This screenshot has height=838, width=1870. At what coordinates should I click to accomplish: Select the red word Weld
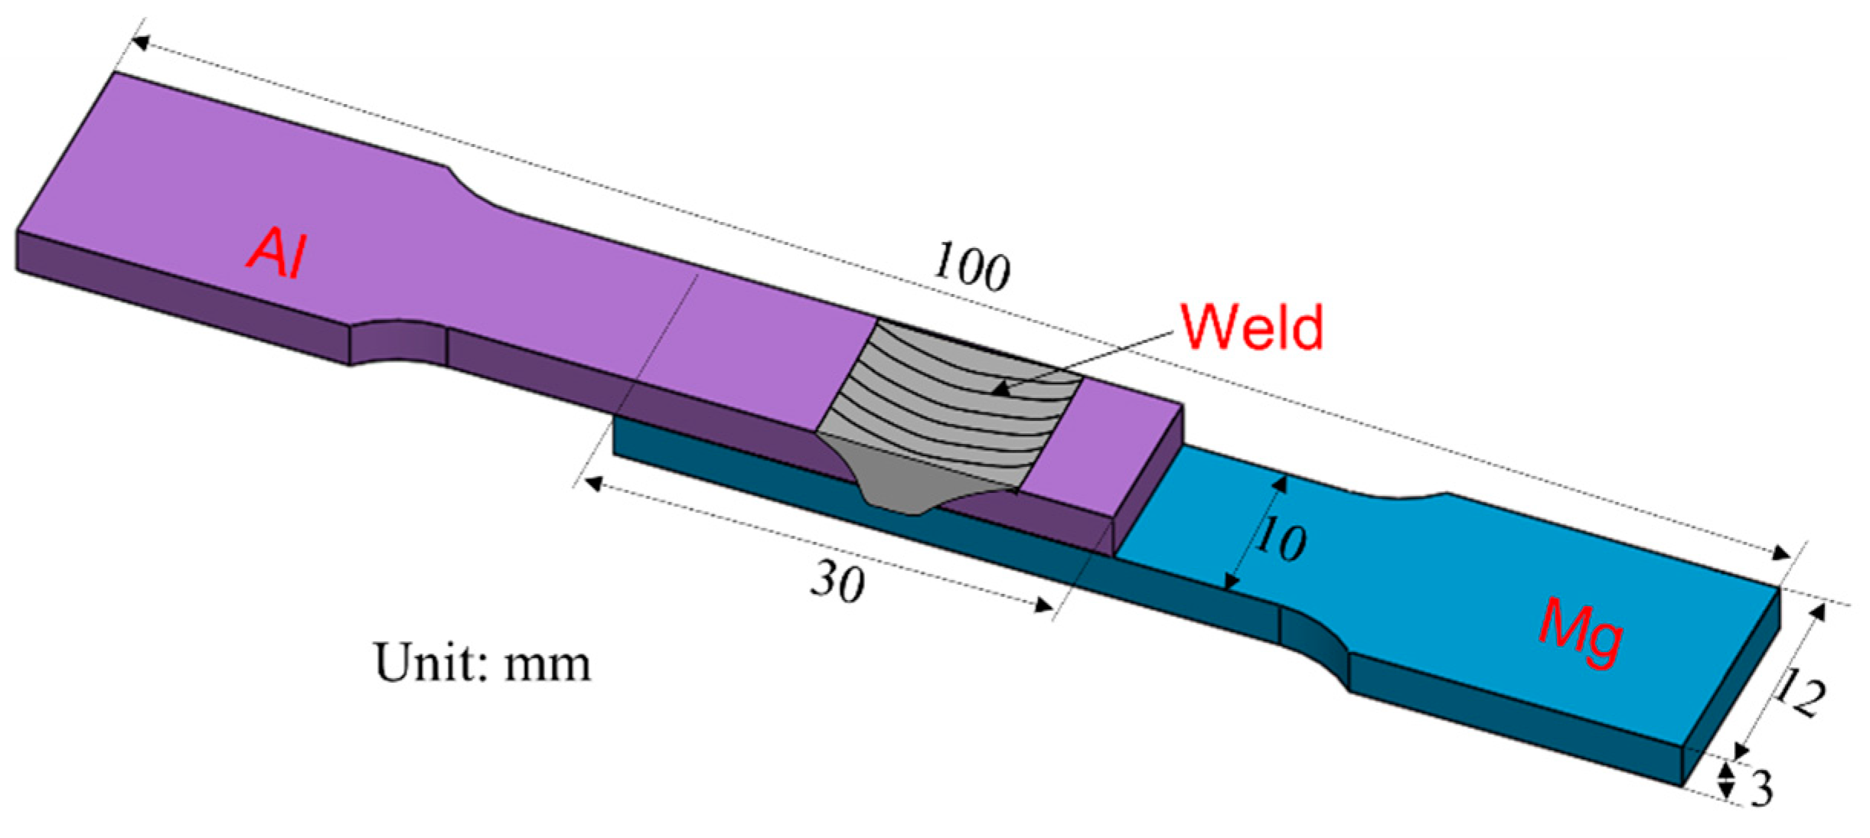(x=1252, y=328)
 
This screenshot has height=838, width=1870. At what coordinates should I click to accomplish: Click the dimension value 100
(x=971, y=267)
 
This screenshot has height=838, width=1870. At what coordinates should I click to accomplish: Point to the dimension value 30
(x=837, y=581)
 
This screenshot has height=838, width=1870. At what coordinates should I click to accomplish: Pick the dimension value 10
(x=1280, y=539)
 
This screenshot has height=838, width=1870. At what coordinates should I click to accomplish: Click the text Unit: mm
(x=482, y=663)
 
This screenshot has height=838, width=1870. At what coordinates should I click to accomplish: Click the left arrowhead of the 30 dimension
(x=593, y=483)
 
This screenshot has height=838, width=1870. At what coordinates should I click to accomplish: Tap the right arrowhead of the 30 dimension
(x=1044, y=606)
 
